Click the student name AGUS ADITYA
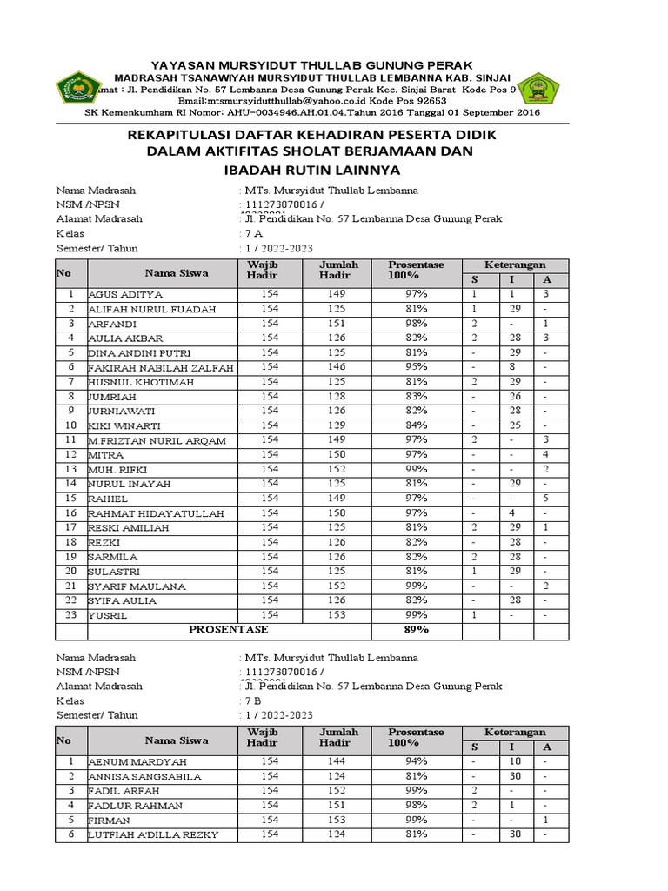click(125, 295)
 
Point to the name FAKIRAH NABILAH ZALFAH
click(161, 368)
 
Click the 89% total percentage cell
click(417, 629)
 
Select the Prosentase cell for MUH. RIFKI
click(417, 469)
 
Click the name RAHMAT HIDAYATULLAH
click(151, 513)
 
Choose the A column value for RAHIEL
click(545, 499)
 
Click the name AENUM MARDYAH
click(131, 761)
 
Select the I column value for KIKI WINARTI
click(515, 425)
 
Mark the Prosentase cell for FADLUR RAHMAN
click(417, 805)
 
